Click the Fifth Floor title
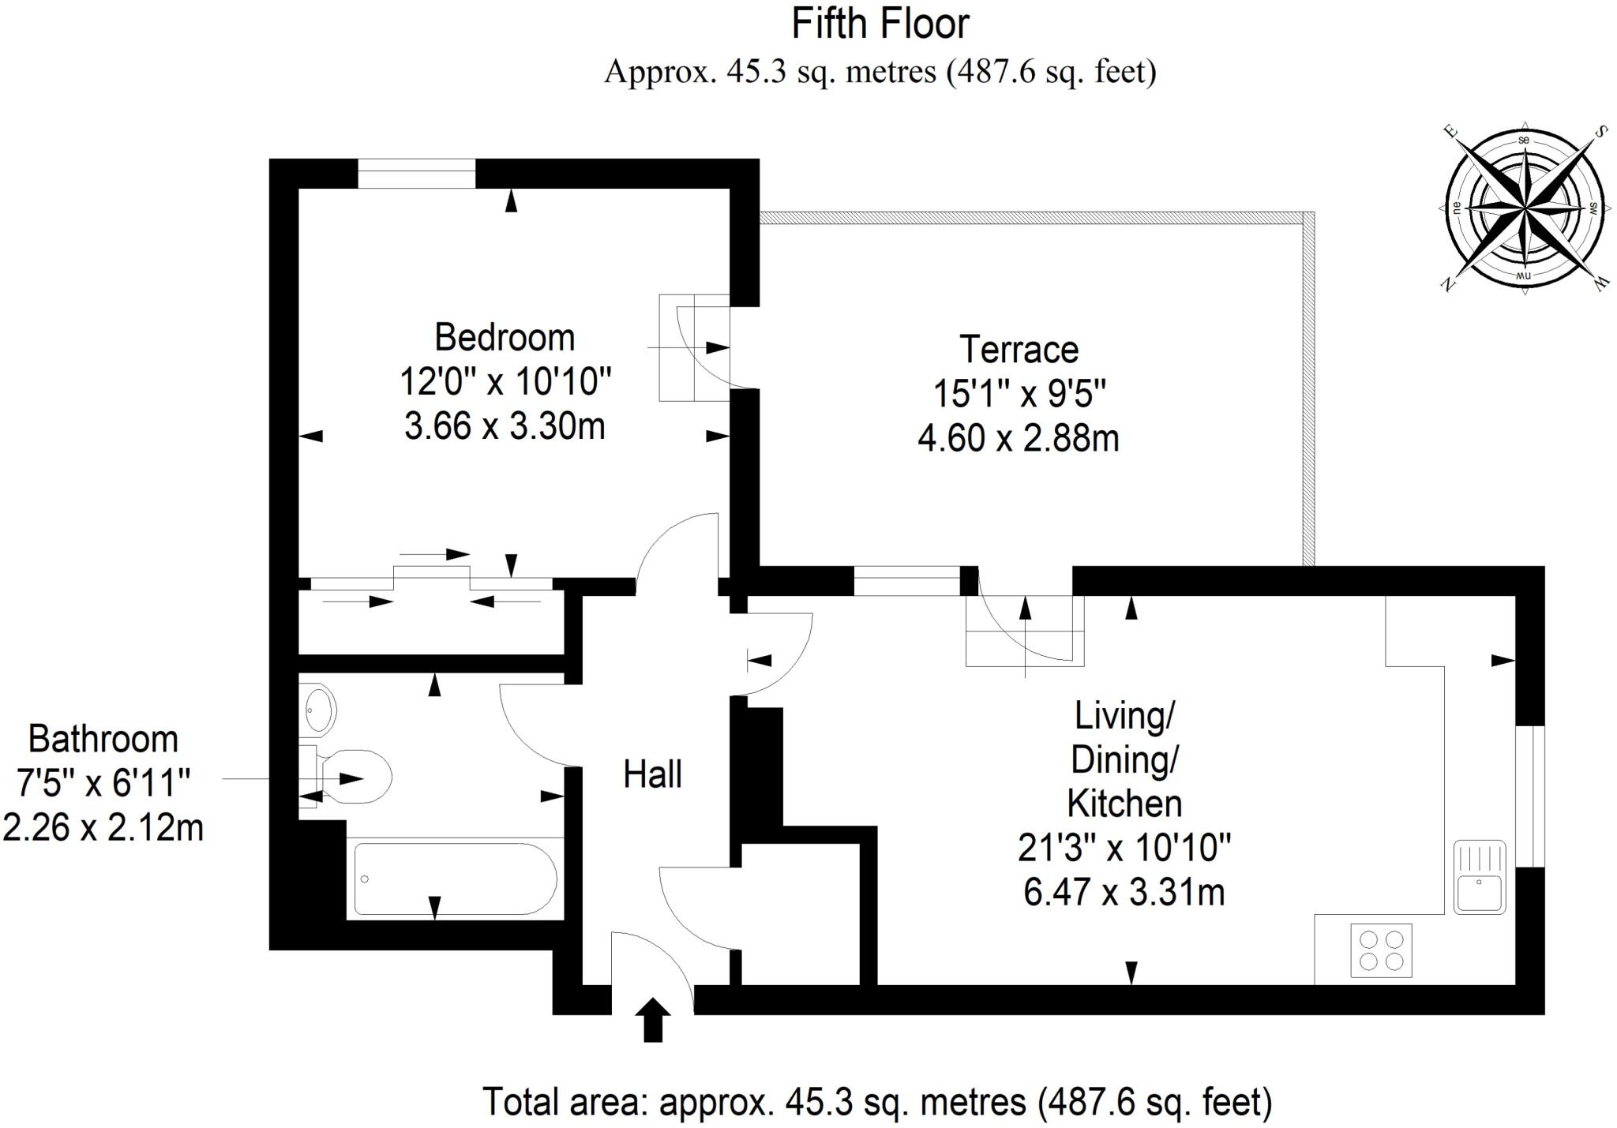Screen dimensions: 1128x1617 (880, 24)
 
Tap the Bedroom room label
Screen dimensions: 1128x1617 (505, 338)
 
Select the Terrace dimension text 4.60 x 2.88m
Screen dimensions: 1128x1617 (1018, 438)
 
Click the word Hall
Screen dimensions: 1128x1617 (652, 774)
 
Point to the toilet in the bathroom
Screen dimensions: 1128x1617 (355, 778)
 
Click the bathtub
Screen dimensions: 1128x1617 (455, 879)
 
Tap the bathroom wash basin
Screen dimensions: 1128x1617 (319, 709)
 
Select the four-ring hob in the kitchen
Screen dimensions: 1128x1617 (1381, 950)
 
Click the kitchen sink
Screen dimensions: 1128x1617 (1480, 877)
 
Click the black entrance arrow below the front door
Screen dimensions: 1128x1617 (653, 1020)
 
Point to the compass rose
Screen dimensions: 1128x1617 (1523, 208)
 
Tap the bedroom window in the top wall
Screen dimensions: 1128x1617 (416, 174)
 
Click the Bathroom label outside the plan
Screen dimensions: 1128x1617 (103, 740)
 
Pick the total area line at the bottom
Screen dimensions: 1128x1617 (877, 1102)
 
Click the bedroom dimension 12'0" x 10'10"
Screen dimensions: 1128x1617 (505, 382)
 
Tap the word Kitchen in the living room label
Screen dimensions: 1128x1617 (1124, 804)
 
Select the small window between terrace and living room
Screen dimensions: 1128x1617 (906, 581)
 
